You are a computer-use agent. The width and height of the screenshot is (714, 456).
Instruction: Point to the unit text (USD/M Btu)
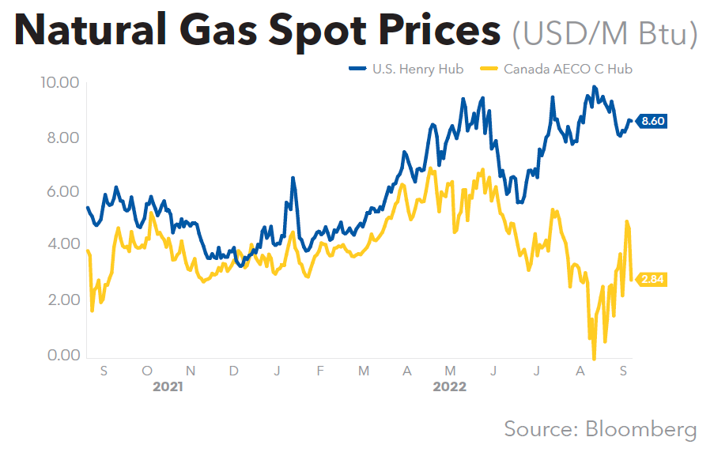[x=604, y=33]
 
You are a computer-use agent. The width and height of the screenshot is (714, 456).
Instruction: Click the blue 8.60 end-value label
[x=653, y=121]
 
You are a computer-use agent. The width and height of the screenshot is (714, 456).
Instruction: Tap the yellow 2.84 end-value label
[x=653, y=279]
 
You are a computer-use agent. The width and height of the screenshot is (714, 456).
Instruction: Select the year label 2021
[x=168, y=386]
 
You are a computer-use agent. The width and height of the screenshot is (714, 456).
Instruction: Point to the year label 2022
[x=449, y=386]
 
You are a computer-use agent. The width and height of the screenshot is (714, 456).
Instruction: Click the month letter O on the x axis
[x=147, y=370]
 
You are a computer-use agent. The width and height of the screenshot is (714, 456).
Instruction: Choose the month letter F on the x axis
[x=319, y=370]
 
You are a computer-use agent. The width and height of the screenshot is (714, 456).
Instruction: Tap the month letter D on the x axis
[x=234, y=370]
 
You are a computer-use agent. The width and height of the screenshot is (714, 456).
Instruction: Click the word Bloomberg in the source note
[x=641, y=429]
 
